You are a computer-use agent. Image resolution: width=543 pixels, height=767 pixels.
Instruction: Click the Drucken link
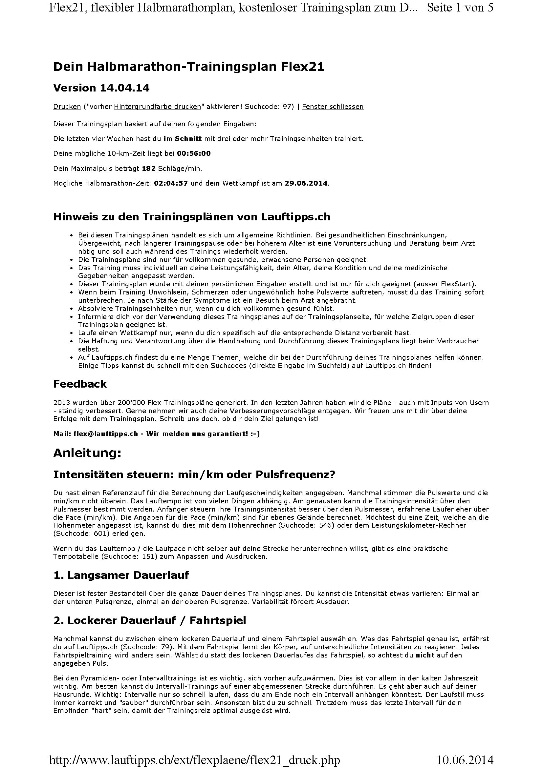[x=67, y=107]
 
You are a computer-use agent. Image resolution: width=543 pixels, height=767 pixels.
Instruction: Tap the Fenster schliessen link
[x=332, y=107]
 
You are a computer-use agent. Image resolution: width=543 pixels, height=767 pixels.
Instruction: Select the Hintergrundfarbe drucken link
[x=158, y=107]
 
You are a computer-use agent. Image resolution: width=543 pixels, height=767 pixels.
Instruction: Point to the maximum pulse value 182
[x=149, y=169]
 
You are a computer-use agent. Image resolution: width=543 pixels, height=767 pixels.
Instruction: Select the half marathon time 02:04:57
[x=171, y=183]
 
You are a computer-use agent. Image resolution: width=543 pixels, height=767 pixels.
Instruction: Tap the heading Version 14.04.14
[x=101, y=88]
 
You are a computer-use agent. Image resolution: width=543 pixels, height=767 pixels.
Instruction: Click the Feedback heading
[x=80, y=384]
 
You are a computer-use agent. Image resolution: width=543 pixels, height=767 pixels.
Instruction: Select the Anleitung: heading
[x=87, y=453]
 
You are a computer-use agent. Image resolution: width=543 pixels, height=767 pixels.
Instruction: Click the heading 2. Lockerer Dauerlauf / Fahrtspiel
[x=149, y=620]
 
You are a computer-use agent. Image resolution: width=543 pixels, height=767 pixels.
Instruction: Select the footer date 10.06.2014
[x=465, y=757]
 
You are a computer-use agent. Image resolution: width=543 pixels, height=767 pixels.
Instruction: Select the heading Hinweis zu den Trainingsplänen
[x=192, y=217]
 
